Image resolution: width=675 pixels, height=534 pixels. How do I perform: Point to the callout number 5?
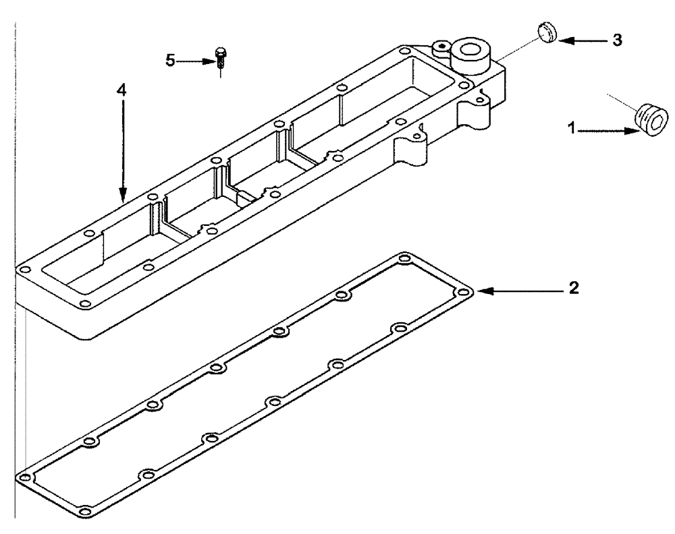point(170,61)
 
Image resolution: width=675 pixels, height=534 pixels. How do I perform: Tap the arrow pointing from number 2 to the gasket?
point(520,291)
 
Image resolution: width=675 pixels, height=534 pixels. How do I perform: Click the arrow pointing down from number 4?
point(122,148)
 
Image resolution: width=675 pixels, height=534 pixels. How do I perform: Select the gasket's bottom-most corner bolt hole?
point(84,510)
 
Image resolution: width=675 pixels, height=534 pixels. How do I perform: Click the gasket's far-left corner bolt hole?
point(25,477)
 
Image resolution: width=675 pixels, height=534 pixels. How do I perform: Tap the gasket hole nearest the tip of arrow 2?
point(463,292)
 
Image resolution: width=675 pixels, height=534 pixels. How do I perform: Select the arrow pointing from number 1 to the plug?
point(607,130)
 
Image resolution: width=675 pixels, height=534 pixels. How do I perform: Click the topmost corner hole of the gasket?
point(404,258)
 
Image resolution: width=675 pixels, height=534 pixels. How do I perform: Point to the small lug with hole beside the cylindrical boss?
point(441,46)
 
